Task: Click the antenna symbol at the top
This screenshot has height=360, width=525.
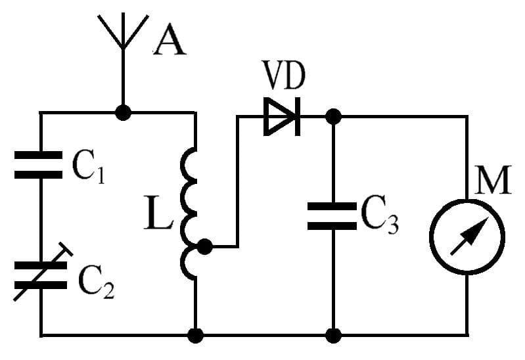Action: [122, 33]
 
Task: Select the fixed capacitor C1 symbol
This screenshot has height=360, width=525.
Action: [40, 165]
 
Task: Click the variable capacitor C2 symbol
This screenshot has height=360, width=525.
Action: [40, 275]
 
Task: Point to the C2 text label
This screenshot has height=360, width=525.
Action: [96, 282]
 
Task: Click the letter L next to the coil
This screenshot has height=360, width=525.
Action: [158, 216]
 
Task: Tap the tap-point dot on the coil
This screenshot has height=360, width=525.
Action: [205, 247]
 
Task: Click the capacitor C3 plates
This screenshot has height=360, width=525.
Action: [333, 215]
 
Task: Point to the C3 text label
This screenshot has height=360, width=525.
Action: [379, 215]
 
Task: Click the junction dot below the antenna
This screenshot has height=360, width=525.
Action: [122, 112]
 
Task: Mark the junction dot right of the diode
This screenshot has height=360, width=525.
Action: [334, 117]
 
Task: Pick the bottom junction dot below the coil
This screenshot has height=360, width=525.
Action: [195, 336]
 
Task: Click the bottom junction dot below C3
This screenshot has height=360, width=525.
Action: [334, 336]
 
